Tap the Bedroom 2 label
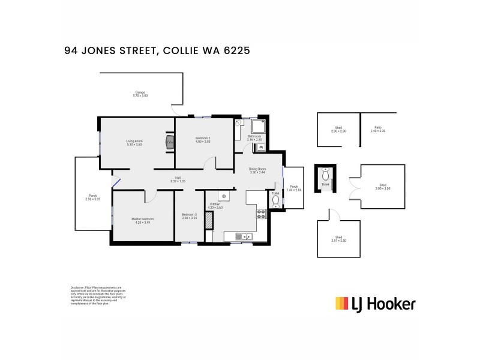point(203,139)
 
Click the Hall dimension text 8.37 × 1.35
point(178,181)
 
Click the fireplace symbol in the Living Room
point(170,142)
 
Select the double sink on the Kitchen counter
point(244,235)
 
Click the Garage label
point(140,92)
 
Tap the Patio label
point(379,127)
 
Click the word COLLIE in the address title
point(182,52)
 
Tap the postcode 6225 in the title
point(236,52)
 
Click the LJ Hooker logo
point(374,304)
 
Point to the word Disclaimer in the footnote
point(78,287)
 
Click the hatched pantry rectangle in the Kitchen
point(209,220)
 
